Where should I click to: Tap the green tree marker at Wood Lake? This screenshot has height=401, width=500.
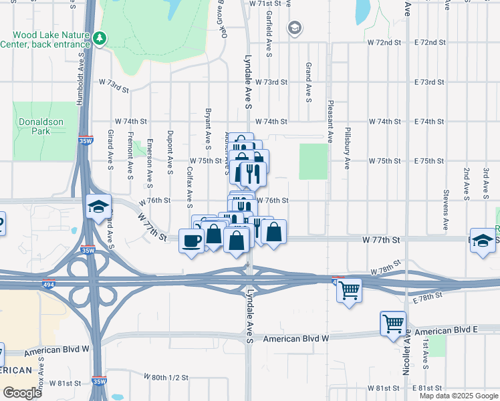(100, 38)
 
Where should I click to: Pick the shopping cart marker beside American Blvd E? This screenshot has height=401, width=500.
(392, 324)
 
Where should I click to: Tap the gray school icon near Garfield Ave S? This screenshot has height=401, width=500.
(294, 28)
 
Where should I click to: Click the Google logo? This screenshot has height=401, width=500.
(22, 393)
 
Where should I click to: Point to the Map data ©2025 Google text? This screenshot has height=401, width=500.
(458, 396)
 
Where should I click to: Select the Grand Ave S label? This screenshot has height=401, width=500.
(308, 82)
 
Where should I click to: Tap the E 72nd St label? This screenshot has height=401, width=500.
(429, 42)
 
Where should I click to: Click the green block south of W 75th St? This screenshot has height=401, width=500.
(314, 161)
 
